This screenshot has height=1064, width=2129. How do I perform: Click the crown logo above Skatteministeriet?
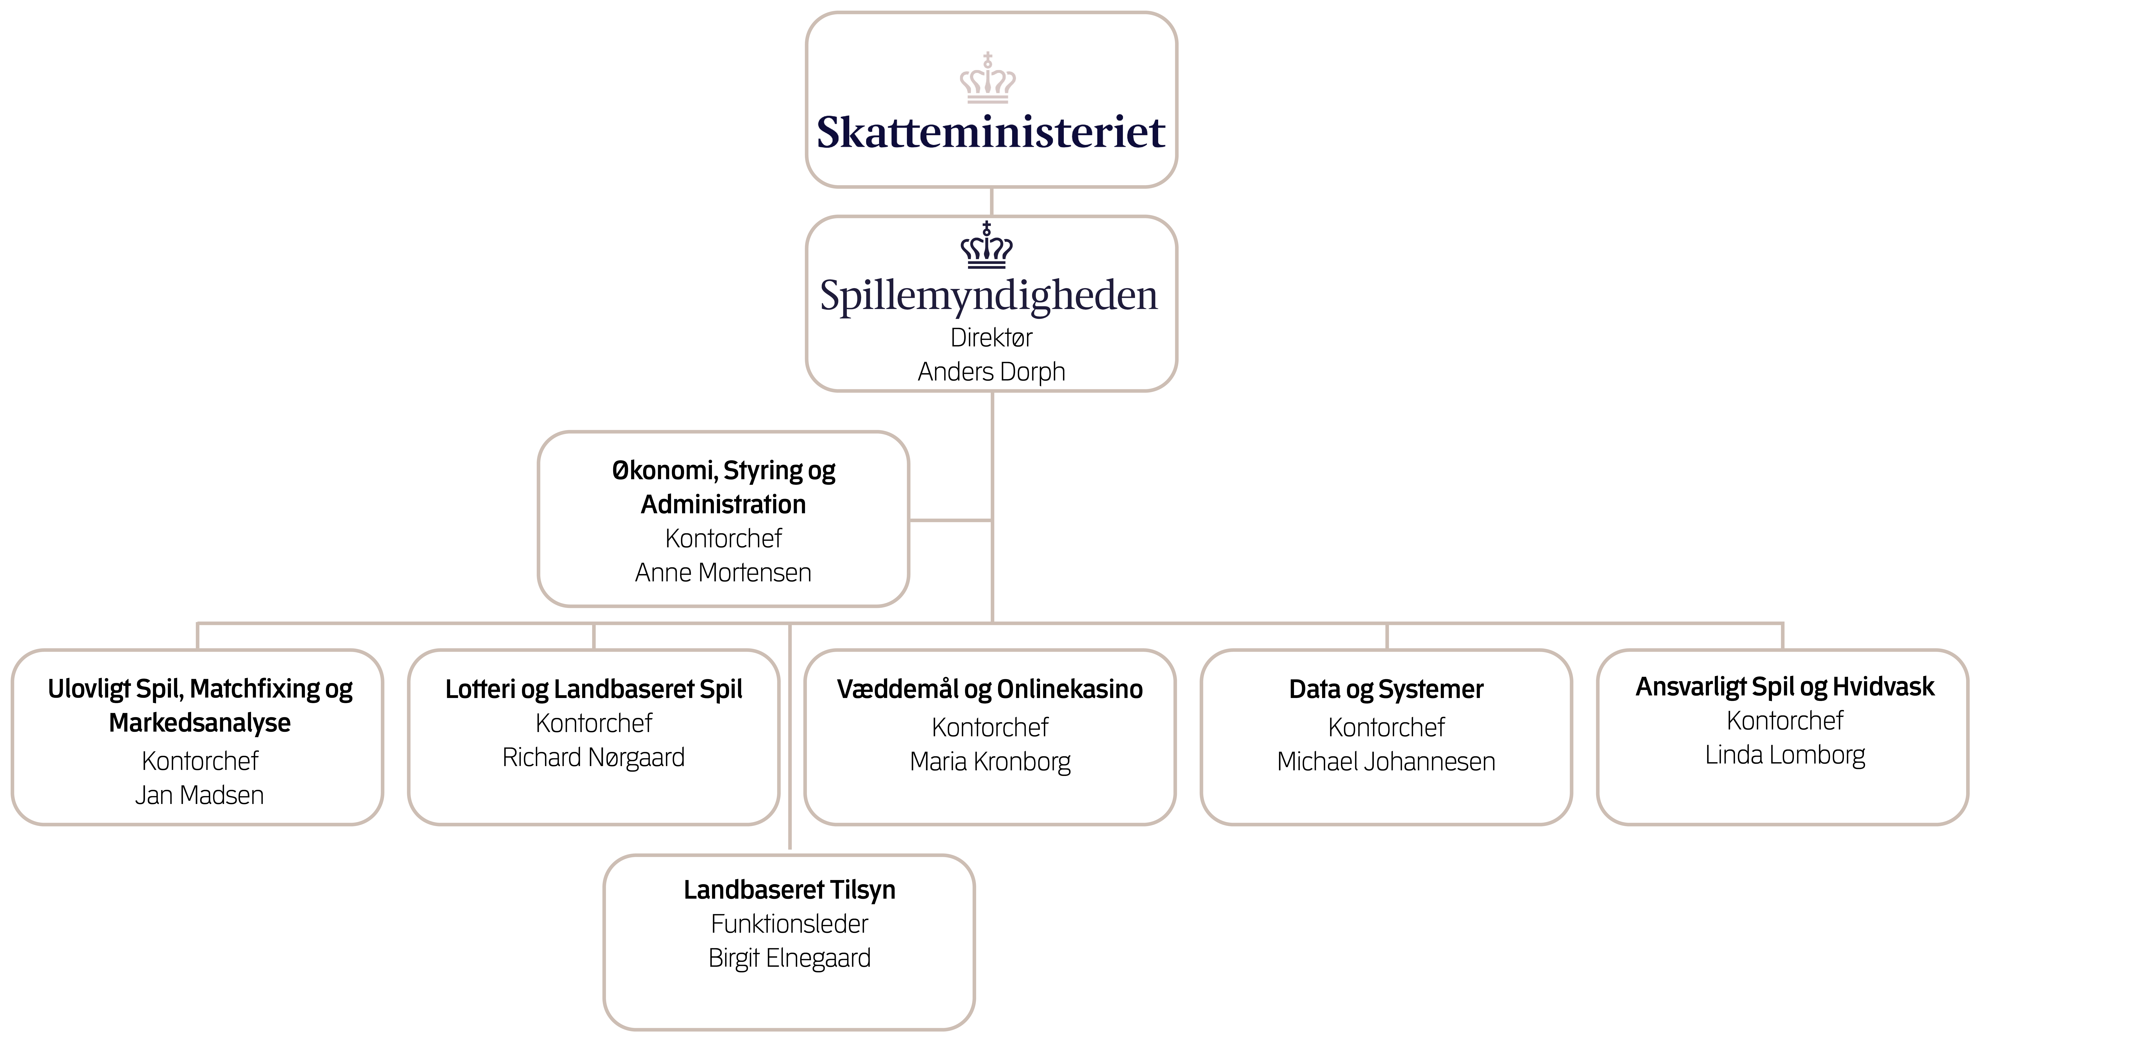click(x=988, y=79)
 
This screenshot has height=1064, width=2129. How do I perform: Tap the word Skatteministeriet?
click(x=991, y=132)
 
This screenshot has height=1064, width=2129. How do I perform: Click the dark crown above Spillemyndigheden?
click(x=987, y=246)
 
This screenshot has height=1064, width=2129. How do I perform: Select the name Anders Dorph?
click(x=991, y=372)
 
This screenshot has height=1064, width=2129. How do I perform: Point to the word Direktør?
click(x=991, y=338)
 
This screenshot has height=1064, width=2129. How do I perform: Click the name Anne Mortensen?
click(x=723, y=572)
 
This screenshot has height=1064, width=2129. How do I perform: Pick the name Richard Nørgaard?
click(x=593, y=758)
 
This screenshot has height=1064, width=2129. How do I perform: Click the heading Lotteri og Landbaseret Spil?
click(x=593, y=689)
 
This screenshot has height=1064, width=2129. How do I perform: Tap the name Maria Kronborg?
click(x=990, y=762)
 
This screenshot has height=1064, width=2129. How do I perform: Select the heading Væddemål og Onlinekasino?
click(x=990, y=689)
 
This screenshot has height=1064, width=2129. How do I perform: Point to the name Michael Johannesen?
click(x=1386, y=762)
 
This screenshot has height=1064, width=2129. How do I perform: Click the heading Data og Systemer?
click(x=1386, y=689)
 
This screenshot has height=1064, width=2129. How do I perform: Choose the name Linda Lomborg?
click(x=1785, y=755)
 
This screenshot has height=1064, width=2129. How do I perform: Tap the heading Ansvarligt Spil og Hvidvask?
click(x=1785, y=686)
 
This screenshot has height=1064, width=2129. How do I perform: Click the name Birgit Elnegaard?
click(x=789, y=958)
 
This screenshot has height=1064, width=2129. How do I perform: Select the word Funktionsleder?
click(x=789, y=924)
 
